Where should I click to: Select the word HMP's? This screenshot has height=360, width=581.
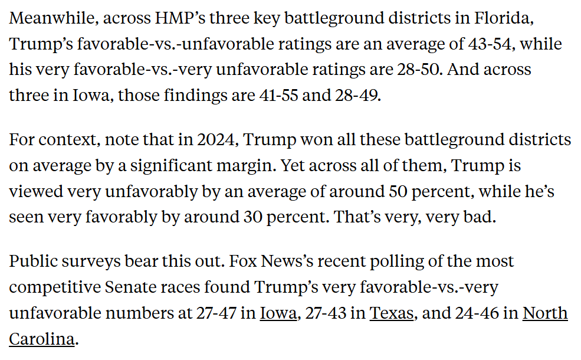click(180, 18)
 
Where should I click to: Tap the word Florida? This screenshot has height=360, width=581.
click(504, 18)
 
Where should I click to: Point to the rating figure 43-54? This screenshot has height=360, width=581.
click(492, 44)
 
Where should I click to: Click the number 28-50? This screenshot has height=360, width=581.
click(420, 69)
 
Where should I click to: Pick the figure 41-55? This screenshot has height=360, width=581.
click(278, 95)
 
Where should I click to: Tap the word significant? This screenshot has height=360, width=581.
click(171, 165)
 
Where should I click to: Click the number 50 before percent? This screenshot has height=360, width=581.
click(398, 191)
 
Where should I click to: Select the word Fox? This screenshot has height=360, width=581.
click(243, 261)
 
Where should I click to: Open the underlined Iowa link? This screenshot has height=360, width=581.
click(278, 313)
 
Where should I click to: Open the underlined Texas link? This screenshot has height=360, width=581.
click(391, 313)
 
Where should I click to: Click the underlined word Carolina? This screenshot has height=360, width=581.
click(42, 339)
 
